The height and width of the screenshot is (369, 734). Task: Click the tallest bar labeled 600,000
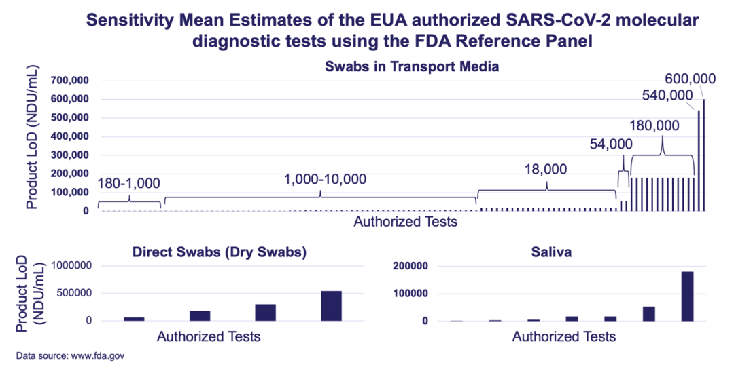(704, 156)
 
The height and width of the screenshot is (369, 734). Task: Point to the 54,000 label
(610, 144)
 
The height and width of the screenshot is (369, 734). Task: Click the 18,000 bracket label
(545, 170)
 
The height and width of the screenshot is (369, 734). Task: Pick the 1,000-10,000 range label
(325, 180)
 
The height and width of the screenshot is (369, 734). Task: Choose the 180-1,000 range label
(129, 183)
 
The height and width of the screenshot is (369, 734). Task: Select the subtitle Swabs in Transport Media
(413, 67)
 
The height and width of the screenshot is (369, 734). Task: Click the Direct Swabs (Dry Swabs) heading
(220, 252)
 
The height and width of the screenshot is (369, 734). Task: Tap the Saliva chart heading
(551, 252)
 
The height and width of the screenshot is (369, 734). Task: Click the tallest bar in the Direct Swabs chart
(332, 305)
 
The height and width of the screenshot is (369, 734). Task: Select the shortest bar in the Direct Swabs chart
(134, 318)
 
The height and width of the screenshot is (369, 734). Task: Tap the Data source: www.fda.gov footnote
(71, 355)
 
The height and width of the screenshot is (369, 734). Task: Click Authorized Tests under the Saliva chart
(564, 337)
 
